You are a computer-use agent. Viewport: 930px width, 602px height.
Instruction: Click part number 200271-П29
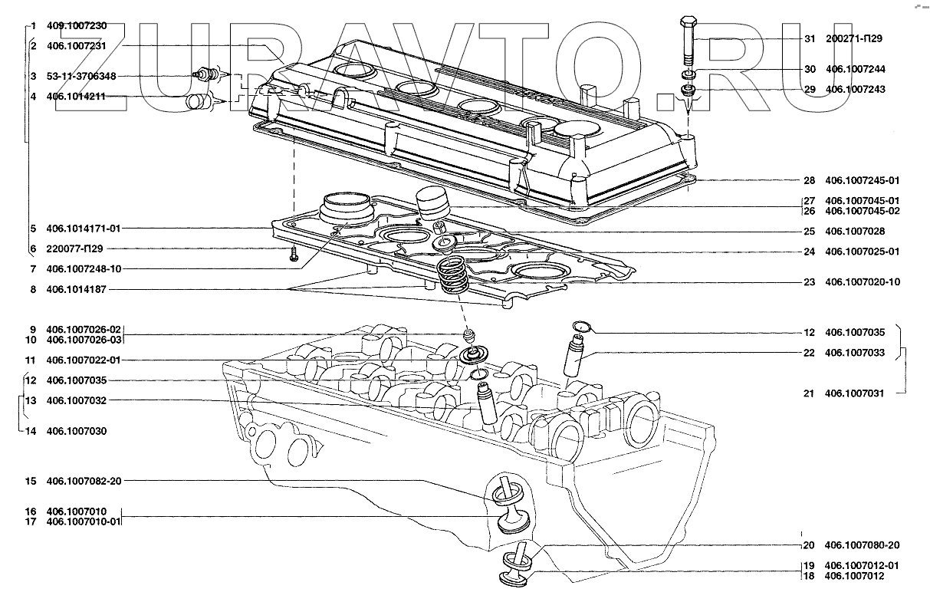point(855,38)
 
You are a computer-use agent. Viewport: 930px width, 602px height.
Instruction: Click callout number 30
point(810,68)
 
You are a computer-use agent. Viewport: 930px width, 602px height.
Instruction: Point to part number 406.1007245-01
point(862,181)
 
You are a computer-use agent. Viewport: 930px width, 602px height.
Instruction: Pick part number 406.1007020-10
point(863,282)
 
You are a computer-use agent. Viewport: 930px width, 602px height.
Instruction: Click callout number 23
point(810,282)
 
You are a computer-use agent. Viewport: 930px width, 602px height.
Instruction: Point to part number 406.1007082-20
point(84,481)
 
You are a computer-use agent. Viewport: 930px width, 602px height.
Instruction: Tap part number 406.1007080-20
point(862,545)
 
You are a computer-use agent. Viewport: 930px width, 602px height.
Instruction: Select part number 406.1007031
point(855,393)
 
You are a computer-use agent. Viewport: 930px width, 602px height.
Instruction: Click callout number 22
point(810,353)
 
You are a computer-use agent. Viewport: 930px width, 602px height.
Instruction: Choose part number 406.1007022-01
point(84,360)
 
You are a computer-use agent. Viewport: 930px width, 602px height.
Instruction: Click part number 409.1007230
point(77,25)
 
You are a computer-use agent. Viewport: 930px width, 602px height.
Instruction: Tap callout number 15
point(31,481)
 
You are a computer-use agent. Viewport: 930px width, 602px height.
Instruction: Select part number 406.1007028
point(855,231)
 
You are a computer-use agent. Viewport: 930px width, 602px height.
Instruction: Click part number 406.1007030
point(77,431)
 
